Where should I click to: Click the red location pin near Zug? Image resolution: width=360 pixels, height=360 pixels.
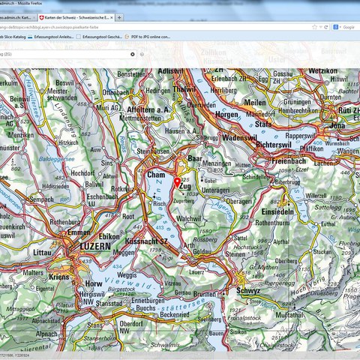pos(177,181)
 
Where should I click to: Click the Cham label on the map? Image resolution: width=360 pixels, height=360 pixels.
pos(155,175)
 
